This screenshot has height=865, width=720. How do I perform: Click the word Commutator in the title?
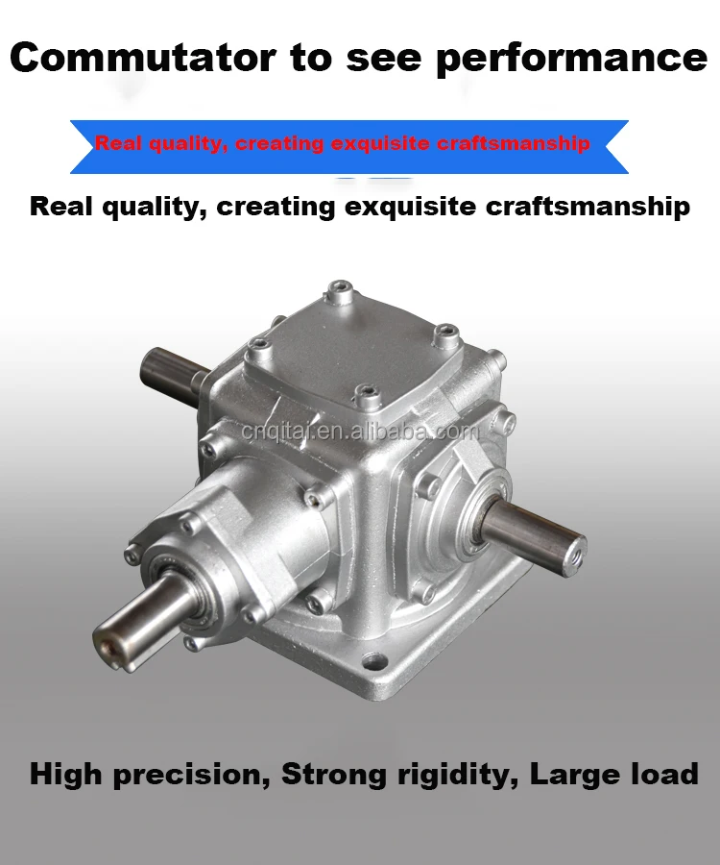[143, 57]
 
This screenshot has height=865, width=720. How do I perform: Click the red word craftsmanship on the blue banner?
[513, 143]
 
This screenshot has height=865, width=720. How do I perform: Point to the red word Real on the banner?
[118, 143]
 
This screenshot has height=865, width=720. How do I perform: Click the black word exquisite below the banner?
[411, 207]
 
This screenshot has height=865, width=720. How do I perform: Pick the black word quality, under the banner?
[155, 208]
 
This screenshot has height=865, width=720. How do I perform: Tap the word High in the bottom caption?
[65, 775]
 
